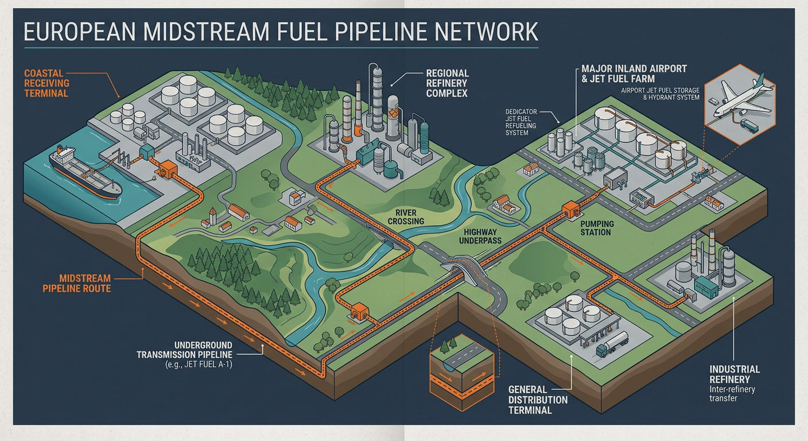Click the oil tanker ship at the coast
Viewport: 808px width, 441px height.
[x=85, y=172]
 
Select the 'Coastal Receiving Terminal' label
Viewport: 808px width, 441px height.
[x=46, y=83]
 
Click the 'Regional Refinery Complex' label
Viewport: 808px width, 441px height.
[x=447, y=83]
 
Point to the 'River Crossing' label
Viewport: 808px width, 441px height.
[x=406, y=217]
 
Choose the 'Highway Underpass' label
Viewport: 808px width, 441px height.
[x=480, y=237]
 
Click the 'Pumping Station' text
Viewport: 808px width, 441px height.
[x=597, y=228]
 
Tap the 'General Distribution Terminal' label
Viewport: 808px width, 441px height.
[x=538, y=400]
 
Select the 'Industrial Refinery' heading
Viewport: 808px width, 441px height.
[x=735, y=374]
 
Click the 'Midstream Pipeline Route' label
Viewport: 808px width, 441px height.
[x=76, y=283]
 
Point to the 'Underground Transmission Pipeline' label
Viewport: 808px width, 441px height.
[x=184, y=350]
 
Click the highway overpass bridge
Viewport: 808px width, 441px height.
[x=464, y=268]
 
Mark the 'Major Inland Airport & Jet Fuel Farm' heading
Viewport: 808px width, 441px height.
[x=634, y=73]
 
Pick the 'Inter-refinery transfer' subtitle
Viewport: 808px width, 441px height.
[x=732, y=394]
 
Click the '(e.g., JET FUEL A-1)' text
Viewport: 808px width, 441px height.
[x=199, y=365]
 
